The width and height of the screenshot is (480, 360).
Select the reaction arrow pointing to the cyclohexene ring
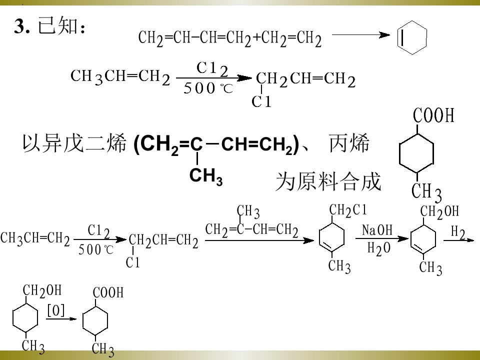click(361, 35)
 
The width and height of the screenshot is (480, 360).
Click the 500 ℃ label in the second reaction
click(208, 88)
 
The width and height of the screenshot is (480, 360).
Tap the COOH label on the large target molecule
click(433, 115)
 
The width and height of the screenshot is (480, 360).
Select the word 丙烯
click(349, 143)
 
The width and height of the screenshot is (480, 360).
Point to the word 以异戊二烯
click(74, 143)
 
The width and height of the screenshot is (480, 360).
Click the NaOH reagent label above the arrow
click(377, 230)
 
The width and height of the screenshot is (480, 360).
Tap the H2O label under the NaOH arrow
click(379, 248)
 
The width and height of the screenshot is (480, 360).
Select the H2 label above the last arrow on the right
click(458, 232)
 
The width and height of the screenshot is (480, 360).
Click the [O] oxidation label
click(56, 310)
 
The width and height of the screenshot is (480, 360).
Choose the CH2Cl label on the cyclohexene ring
click(348, 210)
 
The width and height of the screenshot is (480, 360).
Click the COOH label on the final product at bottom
click(108, 292)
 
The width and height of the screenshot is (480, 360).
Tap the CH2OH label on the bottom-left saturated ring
click(42, 290)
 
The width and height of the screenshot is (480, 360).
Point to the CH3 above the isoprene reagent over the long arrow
click(248, 211)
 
